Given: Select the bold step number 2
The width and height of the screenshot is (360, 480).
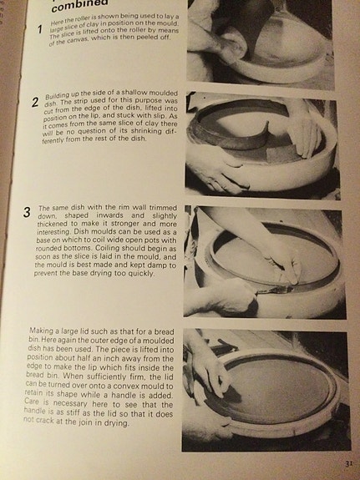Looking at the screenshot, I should coord(34,104).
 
